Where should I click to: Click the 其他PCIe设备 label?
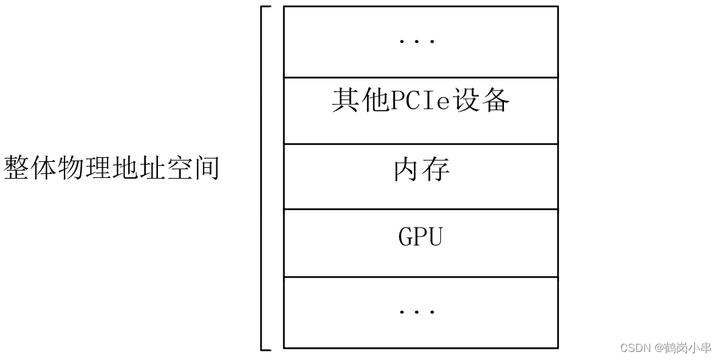pyautogui.click(x=421, y=101)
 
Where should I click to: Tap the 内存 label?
pyautogui.click(x=421, y=170)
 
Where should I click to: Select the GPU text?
pyautogui.click(x=421, y=237)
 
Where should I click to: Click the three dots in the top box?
pyautogui.click(x=417, y=41)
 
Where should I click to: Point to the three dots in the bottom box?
pyautogui.click(x=417, y=312)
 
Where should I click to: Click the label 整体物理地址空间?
pyautogui.click(x=112, y=168)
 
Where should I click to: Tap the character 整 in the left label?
pyautogui.click(x=17, y=168)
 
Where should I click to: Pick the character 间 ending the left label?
pyautogui.click(x=207, y=168)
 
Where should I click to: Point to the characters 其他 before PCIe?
pyautogui.click(x=357, y=101)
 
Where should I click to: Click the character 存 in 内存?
pyautogui.click(x=435, y=170)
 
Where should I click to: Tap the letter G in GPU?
pyautogui.click(x=406, y=237)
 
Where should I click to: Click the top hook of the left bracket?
pyautogui.click(x=266, y=7)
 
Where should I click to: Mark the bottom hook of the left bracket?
pyautogui.click(x=266, y=349)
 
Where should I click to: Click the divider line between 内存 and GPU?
pyautogui.click(x=421, y=209)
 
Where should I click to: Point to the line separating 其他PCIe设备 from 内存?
pyautogui.click(x=421, y=144)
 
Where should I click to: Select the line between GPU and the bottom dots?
pyautogui.click(x=421, y=277)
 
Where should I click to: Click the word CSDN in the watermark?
pyautogui.click(x=632, y=348)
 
